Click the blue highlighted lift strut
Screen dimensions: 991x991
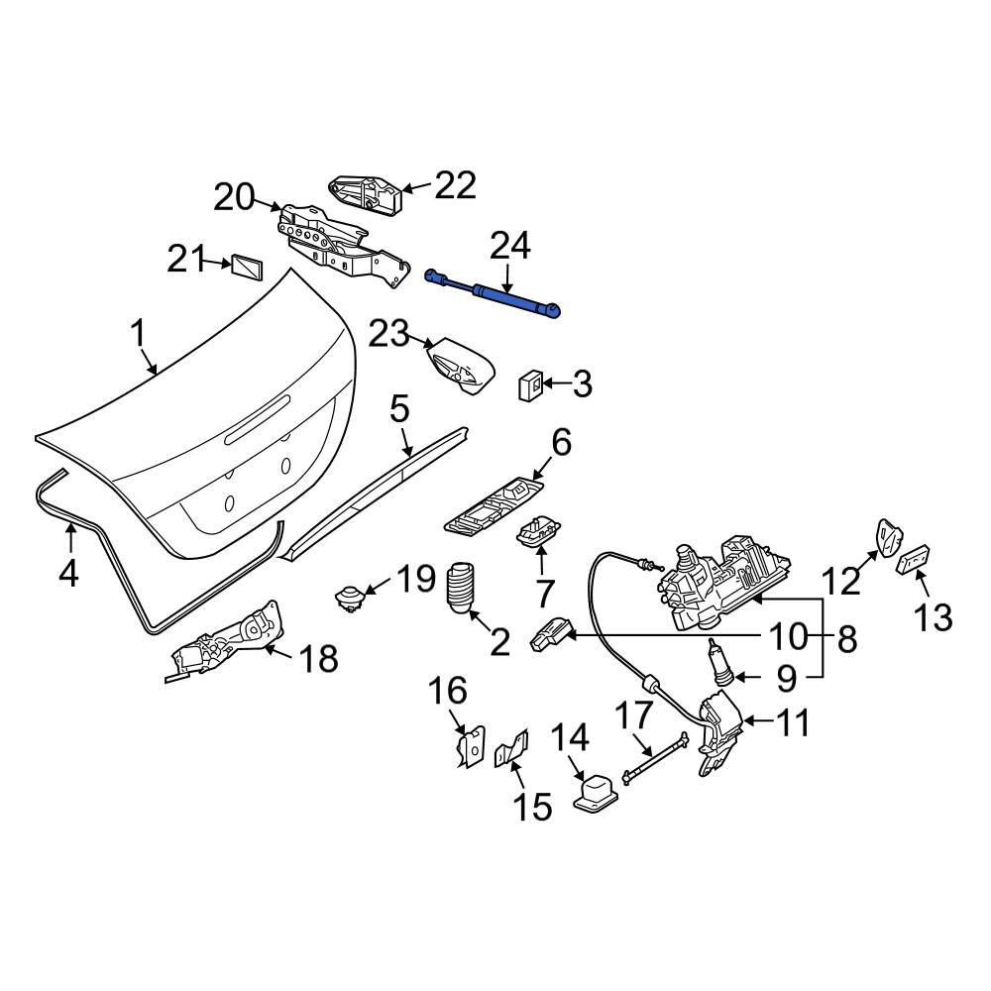(493, 293)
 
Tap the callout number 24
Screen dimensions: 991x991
(510, 247)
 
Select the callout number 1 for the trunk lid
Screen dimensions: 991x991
(138, 334)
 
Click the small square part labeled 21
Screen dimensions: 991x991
(247, 268)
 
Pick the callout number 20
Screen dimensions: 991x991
(234, 198)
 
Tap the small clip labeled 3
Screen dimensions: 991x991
(529, 385)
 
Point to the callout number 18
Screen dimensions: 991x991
(318, 658)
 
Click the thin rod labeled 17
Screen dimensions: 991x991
(655, 757)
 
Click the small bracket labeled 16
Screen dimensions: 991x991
(472, 746)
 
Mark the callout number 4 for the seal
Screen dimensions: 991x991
(68, 573)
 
